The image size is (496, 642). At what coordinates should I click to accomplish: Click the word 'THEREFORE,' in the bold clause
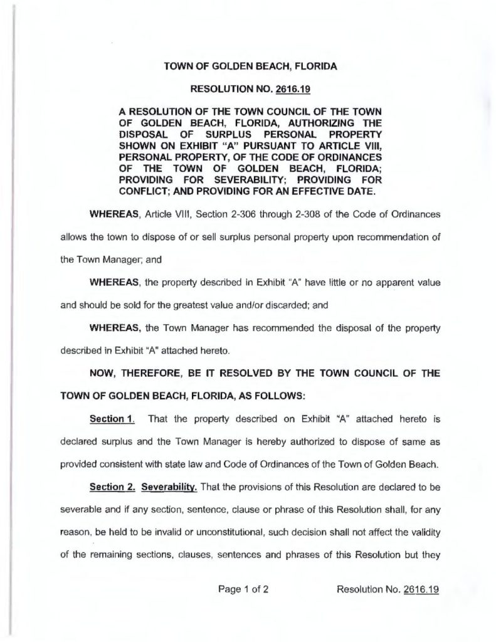156,346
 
